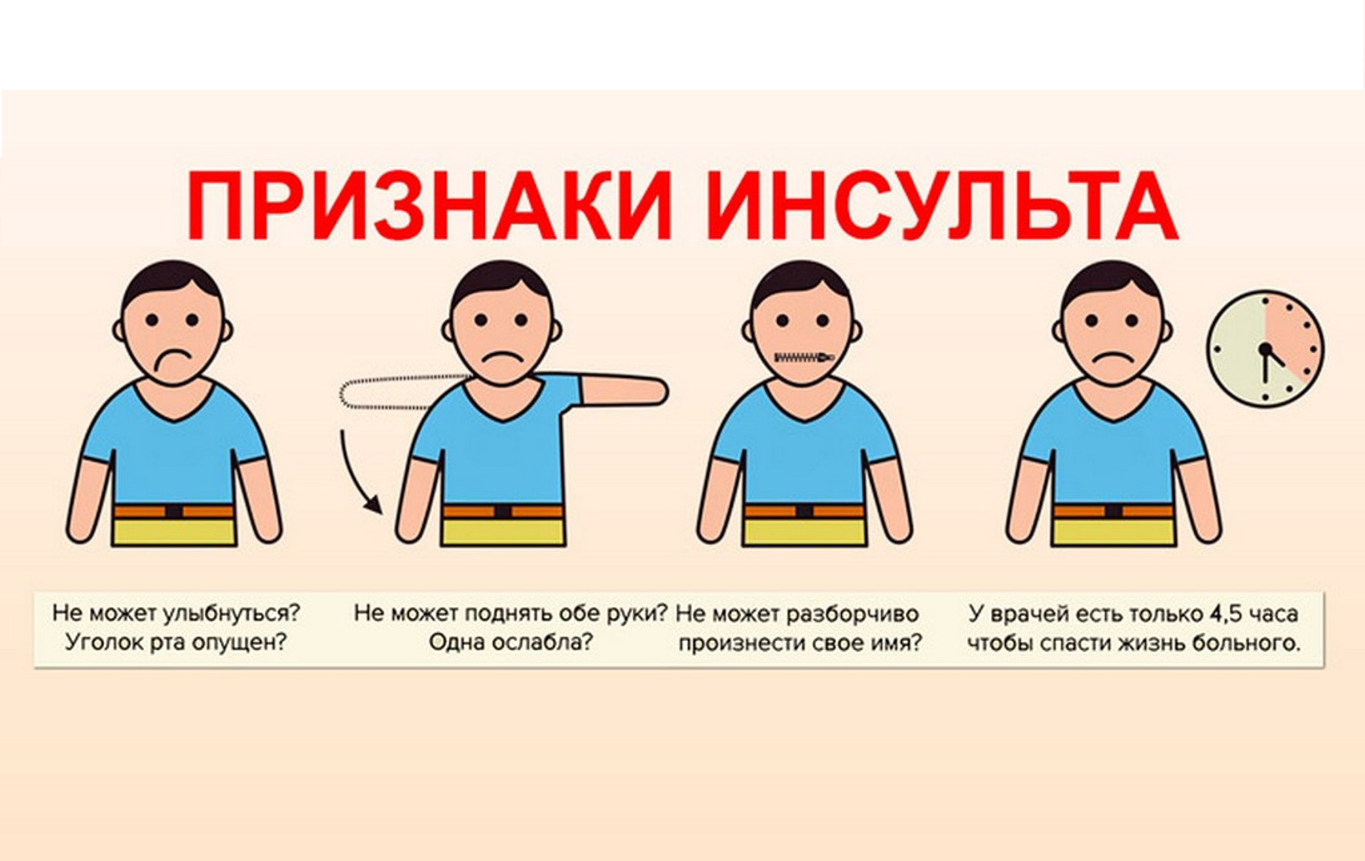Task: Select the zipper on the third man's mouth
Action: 805,357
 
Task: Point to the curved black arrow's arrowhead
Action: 375,506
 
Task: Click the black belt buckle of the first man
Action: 173,511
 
